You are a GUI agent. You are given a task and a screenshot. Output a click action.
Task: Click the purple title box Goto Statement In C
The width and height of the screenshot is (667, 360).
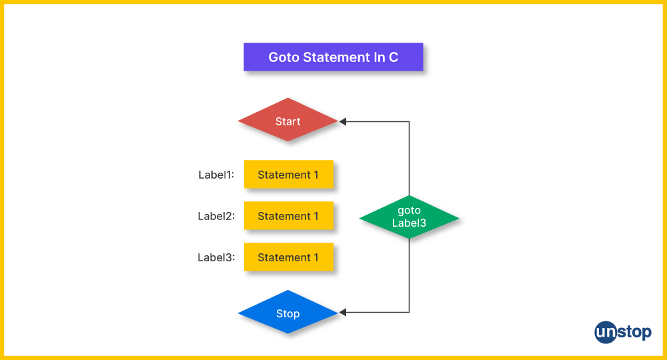tap(333, 57)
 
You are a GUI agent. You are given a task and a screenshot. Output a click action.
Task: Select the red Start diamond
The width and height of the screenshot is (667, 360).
tap(288, 121)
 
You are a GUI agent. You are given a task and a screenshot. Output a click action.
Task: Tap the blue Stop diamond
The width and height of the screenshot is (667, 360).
tap(288, 313)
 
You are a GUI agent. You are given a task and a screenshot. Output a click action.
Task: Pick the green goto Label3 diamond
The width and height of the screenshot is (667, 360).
tap(409, 217)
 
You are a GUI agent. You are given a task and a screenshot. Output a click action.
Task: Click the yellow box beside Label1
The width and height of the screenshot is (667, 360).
tap(288, 175)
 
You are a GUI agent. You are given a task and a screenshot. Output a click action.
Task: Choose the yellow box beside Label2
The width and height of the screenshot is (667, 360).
tap(288, 216)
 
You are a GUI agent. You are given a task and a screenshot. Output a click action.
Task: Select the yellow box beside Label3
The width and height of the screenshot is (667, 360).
tap(288, 257)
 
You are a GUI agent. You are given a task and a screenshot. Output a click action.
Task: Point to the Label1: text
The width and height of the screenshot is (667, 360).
tap(216, 175)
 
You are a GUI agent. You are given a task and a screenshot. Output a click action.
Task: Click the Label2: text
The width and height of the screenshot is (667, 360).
tap(216, 216)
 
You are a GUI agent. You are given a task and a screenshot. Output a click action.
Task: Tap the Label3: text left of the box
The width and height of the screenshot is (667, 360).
tap(216, 257)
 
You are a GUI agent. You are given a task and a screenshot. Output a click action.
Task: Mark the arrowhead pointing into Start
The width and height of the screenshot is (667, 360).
tap(343, 121)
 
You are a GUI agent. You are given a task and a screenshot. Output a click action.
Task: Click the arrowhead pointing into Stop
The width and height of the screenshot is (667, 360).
tap(343, 312)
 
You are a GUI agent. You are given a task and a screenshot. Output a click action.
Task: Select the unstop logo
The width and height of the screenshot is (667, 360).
tap(622, 332)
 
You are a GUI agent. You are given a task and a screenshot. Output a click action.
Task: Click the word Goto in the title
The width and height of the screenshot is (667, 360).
tap(283, 57)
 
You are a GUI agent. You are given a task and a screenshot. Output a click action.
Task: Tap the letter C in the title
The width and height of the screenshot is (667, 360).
tap(394, 57)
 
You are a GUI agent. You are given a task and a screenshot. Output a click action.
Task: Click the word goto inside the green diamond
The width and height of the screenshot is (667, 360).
tap(409, 211)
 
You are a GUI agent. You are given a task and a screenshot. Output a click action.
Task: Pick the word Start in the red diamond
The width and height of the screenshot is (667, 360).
tap(288, 121)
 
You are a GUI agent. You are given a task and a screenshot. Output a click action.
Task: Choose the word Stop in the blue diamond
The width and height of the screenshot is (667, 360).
tap(288, 313)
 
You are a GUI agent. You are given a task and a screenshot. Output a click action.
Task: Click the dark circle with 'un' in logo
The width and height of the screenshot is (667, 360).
tap(606, 332)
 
